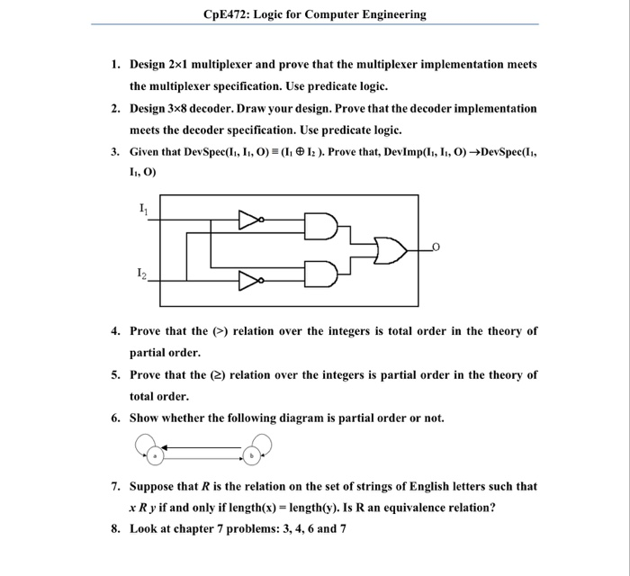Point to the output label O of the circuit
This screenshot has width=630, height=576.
pos(436,244)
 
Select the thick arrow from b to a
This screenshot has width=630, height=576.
pos(203,447)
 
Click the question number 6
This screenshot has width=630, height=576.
pos(116,418)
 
